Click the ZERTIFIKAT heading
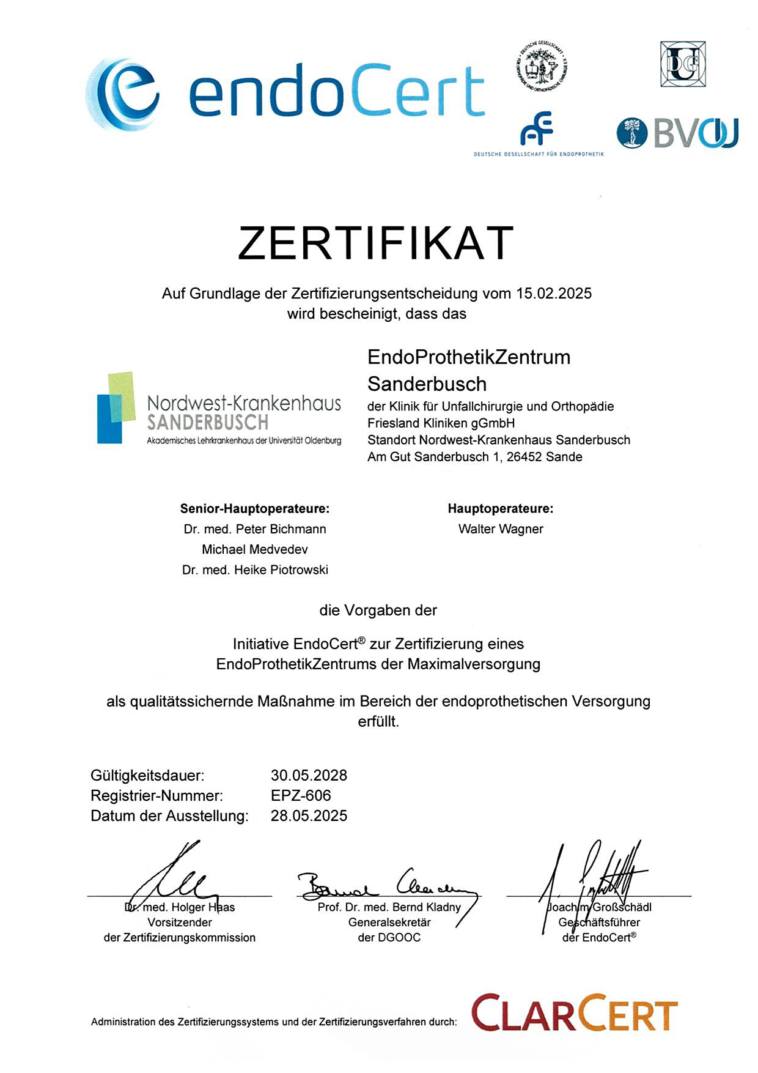375,243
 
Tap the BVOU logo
677,133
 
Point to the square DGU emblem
682,64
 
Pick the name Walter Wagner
501,529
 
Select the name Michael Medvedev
255,549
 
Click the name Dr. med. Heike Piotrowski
255,570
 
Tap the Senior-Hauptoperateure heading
254,509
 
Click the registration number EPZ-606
301,796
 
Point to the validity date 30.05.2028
309,776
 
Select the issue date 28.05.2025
309,816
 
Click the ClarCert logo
574,1014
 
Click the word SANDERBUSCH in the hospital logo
208,423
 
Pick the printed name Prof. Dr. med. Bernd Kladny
389,907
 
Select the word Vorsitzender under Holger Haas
180,923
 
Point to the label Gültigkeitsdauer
147,776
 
